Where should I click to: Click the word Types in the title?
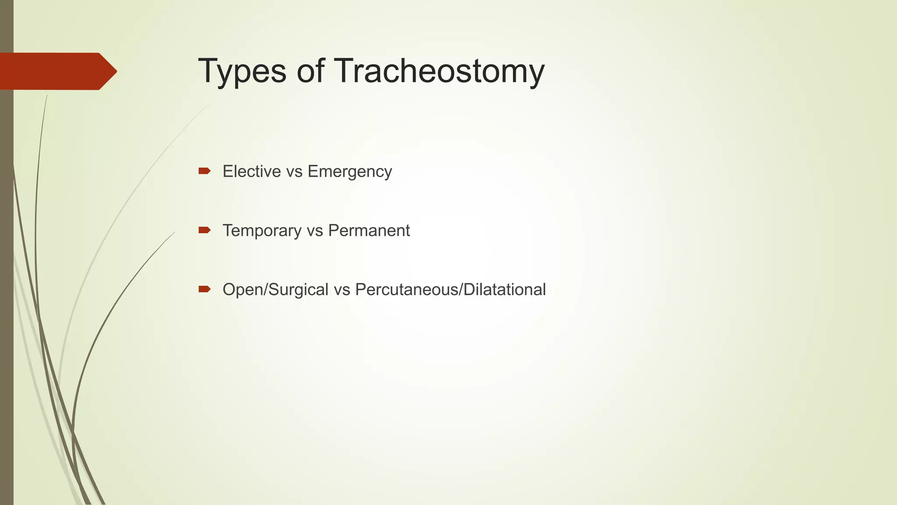[242, 71]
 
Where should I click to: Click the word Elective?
[251, 171]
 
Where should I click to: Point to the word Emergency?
[350, 172]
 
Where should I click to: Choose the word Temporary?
[262, 231]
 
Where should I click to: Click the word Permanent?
[369, 231]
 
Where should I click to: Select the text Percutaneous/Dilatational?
[450, 290]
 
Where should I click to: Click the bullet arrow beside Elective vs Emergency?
[204, 171]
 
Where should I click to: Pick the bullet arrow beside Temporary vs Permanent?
[204, 230]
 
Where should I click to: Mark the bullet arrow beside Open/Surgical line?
[204, 289]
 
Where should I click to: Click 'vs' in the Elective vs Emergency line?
[294, 172]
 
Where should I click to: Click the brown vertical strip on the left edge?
[7, 307]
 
